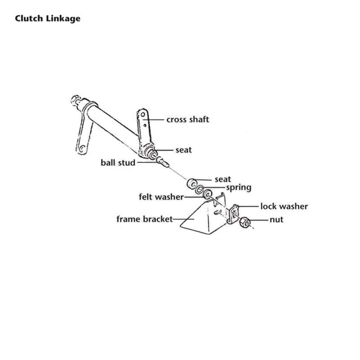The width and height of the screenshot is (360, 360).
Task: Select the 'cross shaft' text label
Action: click(x=188, y=120)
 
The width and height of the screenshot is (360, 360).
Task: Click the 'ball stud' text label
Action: click(x=118, y=162)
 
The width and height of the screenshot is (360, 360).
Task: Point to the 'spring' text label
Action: click(x=238, y=187)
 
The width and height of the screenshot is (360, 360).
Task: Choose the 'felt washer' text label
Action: click(x=161, y=197)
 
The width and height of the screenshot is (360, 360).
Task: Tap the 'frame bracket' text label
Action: click(x=144, y=219)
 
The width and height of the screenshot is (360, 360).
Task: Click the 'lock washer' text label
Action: click(x=284, y=207)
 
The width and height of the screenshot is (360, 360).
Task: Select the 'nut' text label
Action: click(x=276, y=220)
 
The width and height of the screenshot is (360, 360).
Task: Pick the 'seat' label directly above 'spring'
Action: click(x=223, y=180)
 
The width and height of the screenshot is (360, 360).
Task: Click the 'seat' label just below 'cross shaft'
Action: click(x=183, y=150)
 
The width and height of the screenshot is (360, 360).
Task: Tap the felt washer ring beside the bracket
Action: click(x=208, y=194)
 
